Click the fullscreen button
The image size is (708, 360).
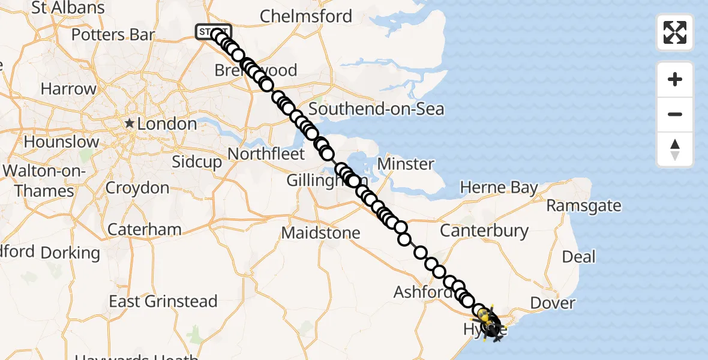(675, 32)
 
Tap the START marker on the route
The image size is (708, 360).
(213, 31)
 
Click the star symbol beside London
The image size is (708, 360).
(129, 124)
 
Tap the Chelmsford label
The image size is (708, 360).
(306, 16)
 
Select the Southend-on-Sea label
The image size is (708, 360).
(376, 109)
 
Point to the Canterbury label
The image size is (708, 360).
(484, 230)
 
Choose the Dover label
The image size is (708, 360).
(553, 304)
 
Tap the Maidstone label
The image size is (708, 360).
(321, 233)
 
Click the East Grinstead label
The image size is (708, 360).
(163, 301)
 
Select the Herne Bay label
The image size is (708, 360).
(499, 188)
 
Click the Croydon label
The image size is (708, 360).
(137, 188)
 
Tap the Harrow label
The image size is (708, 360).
(68, 89)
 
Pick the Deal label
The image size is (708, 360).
(579, 257)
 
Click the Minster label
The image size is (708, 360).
(406, 164)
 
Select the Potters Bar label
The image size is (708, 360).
(113, 35)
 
